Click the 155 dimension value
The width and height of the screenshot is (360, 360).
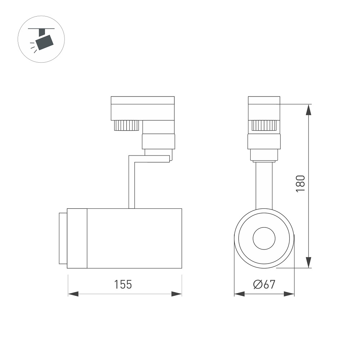coord(123,284)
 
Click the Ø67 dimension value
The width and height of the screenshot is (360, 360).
coord(264,284)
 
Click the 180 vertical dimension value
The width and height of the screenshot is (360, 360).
coord(300,183)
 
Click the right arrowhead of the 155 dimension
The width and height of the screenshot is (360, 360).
coord(177,294)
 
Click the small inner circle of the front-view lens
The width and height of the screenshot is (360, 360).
coord(264,238)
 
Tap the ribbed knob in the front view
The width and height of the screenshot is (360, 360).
coord(264,125)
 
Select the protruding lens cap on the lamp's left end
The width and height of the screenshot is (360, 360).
coord(63,238)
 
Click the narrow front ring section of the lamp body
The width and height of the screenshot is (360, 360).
coord(77,238)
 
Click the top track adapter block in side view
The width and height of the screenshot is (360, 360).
coord(143,108)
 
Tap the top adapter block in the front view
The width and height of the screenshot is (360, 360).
coord(264,108)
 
